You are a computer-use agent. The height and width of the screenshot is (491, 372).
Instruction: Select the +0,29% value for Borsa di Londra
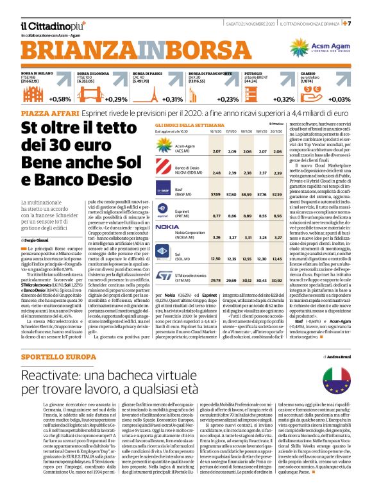tap(115, 99)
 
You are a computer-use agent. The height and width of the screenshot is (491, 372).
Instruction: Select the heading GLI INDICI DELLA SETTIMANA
tap(182, 125)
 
